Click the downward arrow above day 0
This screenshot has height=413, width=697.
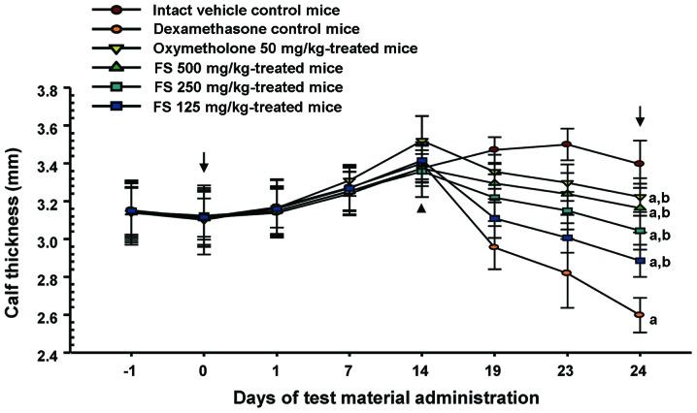[x=204, y=159]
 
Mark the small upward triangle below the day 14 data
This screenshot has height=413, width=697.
[x=421, y=207]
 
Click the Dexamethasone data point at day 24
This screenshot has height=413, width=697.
[x=639, y=314]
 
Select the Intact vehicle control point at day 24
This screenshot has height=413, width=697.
[x=639, y=163]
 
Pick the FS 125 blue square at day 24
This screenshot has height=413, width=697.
[x=639, y=261]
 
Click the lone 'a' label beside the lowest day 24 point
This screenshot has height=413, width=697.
[x=655, y=318]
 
